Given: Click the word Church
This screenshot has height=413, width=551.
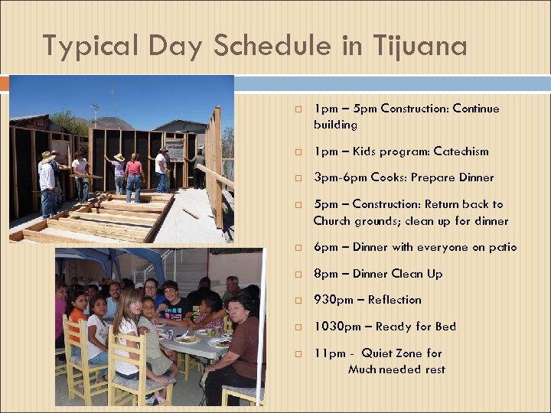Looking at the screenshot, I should click(334, 221).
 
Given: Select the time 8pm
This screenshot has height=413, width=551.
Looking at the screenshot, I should click(325, 274).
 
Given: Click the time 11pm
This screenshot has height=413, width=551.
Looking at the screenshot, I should click(328, 353).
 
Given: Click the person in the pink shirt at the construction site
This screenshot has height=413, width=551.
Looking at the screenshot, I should click(135, 174).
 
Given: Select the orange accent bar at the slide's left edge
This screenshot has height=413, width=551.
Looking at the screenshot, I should click(4, 83).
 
